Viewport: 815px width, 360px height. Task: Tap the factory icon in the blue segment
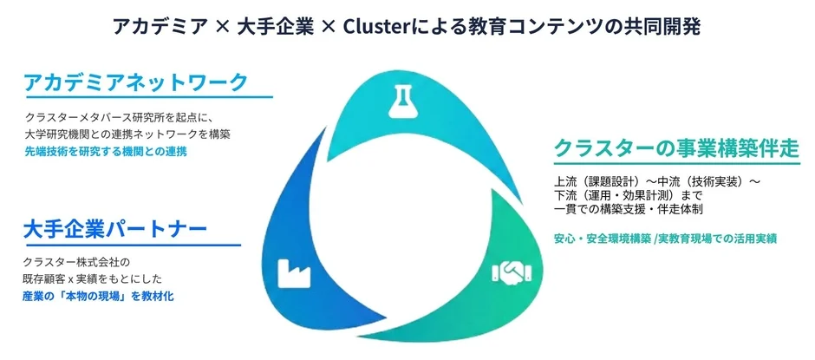pos(292,272)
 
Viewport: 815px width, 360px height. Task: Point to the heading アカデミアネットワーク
pos(136,82)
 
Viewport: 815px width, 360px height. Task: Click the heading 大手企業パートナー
pos(114,230)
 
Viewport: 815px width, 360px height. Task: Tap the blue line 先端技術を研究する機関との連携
pos(106,151)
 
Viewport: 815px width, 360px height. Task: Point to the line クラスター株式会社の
pos(77,261)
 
